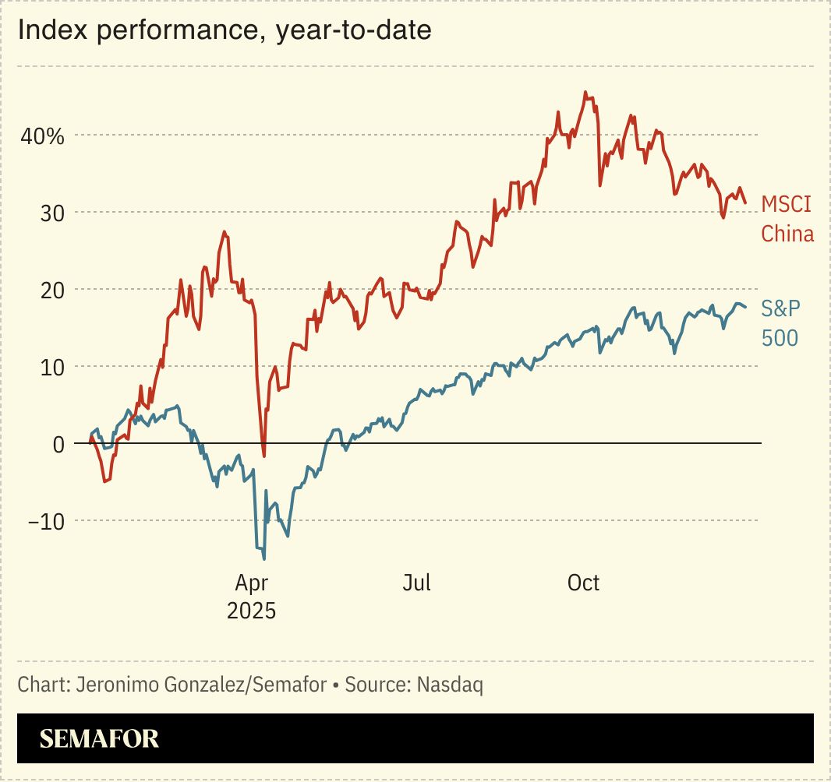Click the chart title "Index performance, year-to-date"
pyautogui.click(x=224, y=31)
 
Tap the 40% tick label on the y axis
pyautogui.click(x=42, y=137)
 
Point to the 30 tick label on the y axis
pyautogui.click(x=51, y=213)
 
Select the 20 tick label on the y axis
pyautogui.click(x=51, y=290)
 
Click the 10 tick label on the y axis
pyautogui.click(x=51, y=367)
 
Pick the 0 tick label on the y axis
pyautogui.click(x=57, y=444)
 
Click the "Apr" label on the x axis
pyautogui.click(x=251, y=583)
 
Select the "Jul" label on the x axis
pyautogui.click(x=417, y=583)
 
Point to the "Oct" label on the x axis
pyautogui.click(x=583, y=583)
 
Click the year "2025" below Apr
pyautogui.click(x=251, y=611)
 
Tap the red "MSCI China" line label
pyautogui.click(x=787, y=219)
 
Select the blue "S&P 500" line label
pyautogui.click(x=780, y=323)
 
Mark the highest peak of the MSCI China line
pyautogui.click(x=585, y=92)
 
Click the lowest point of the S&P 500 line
pyautogui.click(x=264, y=558)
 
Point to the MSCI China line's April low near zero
pyautogui.click(x=263, y=456)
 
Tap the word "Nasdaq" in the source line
pyautogui.click(x=450, y=685)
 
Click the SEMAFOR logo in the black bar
pyautogui.click(x=99, y=738)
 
